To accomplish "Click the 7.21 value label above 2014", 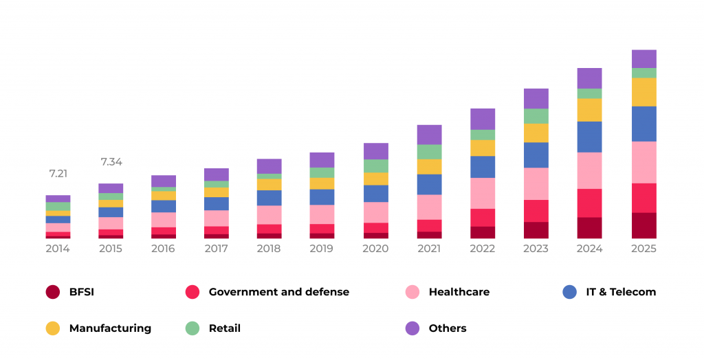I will (58, 174).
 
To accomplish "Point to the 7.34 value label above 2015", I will (111, 162).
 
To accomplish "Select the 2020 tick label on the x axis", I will (375, 249).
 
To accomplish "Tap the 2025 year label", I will (643, 249).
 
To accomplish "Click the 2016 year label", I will (164, 249).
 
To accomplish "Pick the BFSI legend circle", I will (52, 292).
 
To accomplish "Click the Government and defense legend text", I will (278, 292).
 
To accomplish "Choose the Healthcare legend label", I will (459, 292).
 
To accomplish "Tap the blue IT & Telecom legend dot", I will (569, 292).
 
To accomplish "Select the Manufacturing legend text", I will (110, 328).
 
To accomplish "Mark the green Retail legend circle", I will (192, 328).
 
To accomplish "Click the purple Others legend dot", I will (412, 328).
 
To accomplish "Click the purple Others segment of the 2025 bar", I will (643, 58).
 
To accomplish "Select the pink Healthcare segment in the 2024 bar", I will (589, 170).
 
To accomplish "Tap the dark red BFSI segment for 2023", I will (536, 230).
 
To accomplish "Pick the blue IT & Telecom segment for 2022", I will (483, 167).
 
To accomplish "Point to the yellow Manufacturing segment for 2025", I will (643, 92).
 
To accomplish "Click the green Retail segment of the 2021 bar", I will (429, 152).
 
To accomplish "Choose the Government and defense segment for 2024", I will (589, 203).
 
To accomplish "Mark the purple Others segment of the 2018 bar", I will (269, 166).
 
